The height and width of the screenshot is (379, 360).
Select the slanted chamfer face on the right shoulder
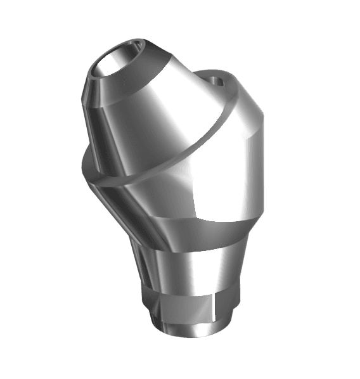254,117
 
